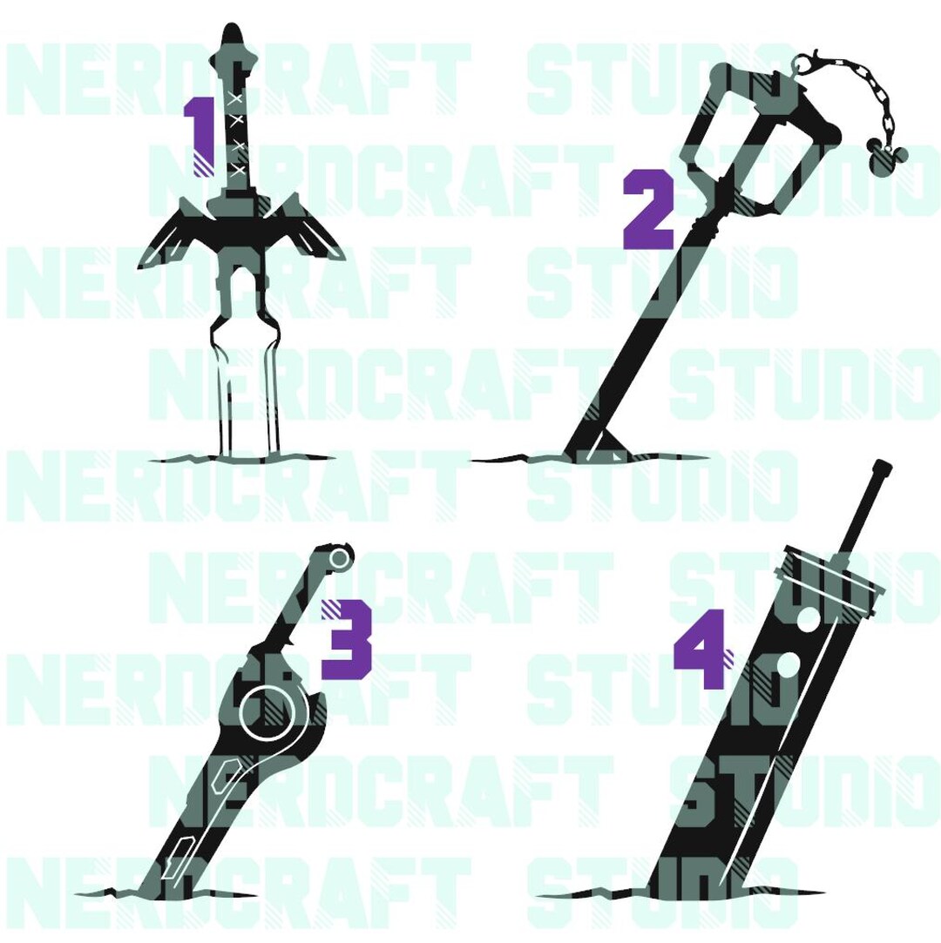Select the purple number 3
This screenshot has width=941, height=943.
coord(347,639)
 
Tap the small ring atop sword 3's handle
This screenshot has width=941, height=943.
coord(339,559)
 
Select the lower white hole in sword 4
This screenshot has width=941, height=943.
coord(786,665)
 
